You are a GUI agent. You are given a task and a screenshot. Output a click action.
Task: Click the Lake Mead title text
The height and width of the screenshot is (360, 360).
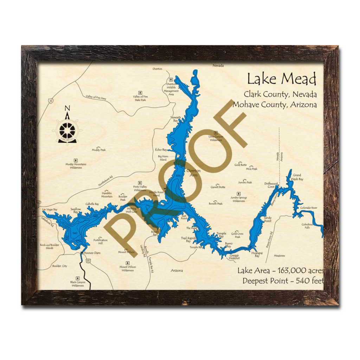[x=281, y=79]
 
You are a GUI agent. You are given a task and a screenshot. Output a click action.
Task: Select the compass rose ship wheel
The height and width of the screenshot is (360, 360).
[x=67, y=130]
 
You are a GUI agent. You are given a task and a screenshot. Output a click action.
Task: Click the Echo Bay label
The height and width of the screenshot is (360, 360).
[x=161, y=150]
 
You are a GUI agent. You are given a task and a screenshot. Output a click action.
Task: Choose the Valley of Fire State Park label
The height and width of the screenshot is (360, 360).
[x=140, y=98]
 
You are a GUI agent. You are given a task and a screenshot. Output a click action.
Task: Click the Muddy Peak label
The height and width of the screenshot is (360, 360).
[x=99, y=150]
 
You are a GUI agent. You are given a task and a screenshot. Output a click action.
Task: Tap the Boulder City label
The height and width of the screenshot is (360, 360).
[x=59, y=266]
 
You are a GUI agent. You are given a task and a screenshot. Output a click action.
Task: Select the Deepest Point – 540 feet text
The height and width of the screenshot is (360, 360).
[x=283, y=281]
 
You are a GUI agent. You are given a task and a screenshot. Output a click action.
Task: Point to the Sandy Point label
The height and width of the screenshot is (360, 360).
[x=268, y=219]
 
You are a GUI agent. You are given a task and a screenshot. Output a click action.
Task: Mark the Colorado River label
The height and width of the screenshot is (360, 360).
[x=309, y=208]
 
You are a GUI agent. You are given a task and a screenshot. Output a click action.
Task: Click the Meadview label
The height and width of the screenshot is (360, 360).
[x=279, y=256]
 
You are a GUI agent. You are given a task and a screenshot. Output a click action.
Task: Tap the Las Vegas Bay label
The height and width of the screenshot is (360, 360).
[x=50, y=210]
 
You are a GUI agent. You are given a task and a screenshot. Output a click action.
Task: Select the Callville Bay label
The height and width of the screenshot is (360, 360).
[x=92, y=204]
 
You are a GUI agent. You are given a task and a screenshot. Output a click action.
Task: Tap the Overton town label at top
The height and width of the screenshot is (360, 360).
[x=157, y=69]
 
